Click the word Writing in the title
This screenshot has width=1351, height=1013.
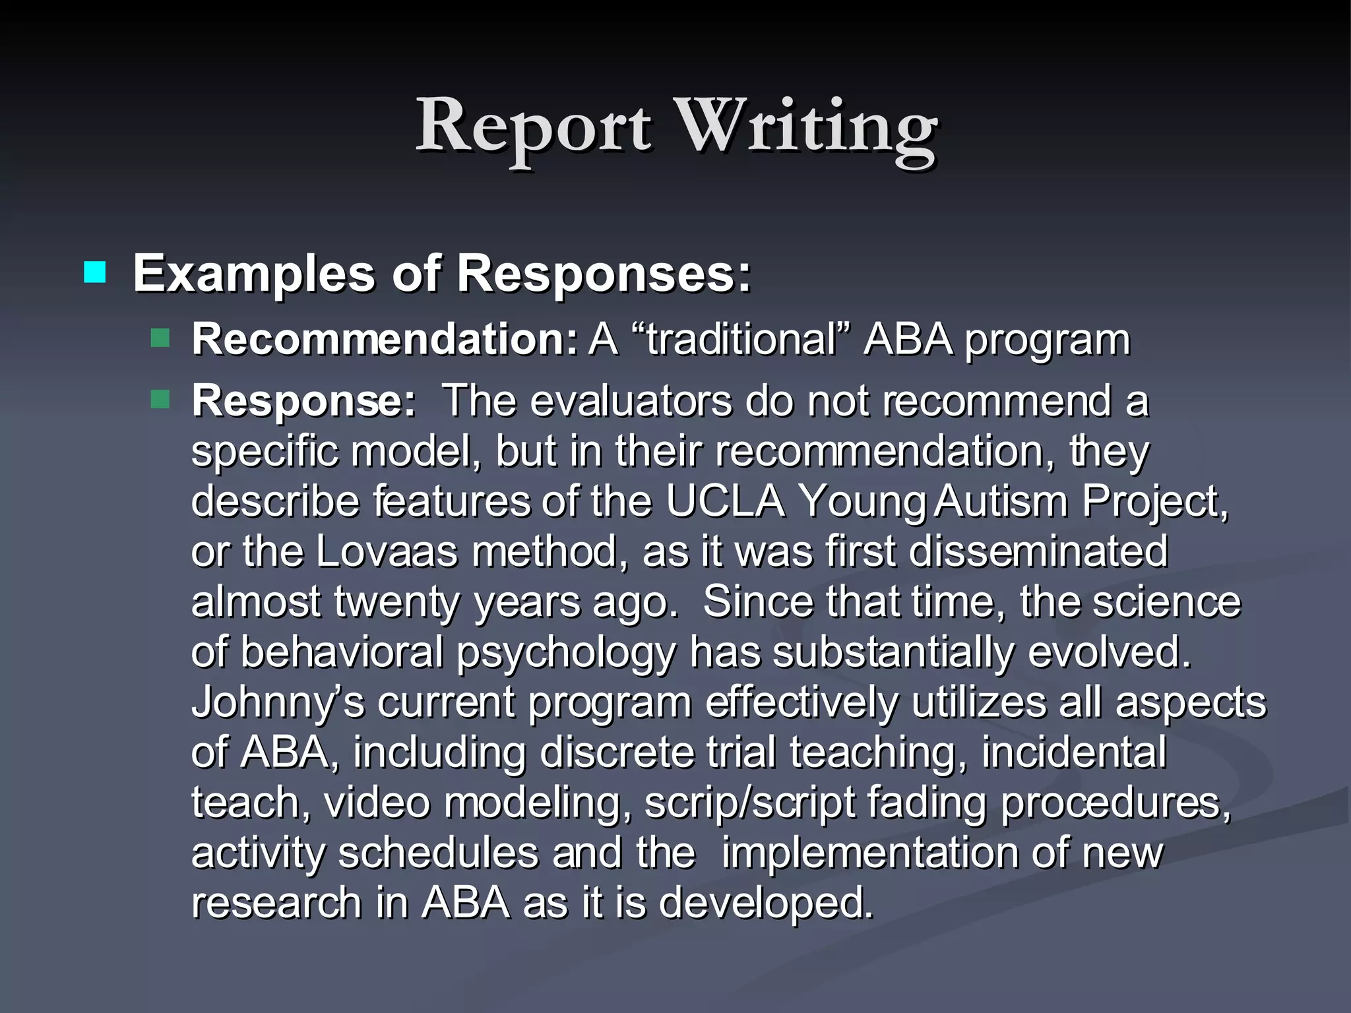click(x=807, y=129)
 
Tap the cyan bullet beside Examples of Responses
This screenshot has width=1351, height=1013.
click(x=95, y=272)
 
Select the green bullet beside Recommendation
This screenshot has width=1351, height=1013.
click(x=160, y=339)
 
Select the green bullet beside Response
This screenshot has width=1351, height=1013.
click(x=160, y=399)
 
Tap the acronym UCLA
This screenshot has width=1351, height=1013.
click(x=725, y=501)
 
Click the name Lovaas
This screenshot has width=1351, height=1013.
click(x=386, y=551)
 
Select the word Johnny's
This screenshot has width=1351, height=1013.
click(x=277, y=702)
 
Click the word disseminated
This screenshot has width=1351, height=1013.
click(x=1038, y=551)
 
